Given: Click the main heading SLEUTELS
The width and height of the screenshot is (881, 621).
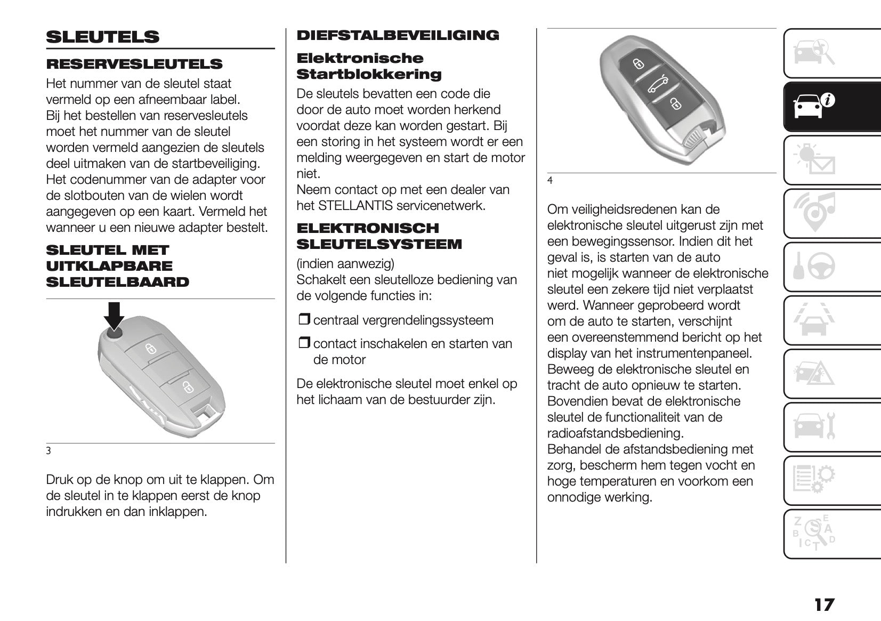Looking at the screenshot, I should tap(102, 37).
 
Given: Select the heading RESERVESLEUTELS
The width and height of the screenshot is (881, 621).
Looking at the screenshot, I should tap(134, 64).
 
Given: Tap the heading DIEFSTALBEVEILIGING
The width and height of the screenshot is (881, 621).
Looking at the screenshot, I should tap(398, 35).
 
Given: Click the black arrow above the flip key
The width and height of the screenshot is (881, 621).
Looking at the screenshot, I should tap(114, 316).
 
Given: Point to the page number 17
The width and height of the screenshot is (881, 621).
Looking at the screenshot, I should tap(823, 605).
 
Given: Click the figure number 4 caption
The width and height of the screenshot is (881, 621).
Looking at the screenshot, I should tap(550, 181).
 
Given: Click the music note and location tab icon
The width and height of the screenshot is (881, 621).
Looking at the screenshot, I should tap(815, 213).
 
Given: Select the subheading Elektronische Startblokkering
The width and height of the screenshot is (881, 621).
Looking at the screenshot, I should tap(368, 66).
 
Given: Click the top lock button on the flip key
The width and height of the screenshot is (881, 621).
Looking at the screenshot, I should tap(151, 349).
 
